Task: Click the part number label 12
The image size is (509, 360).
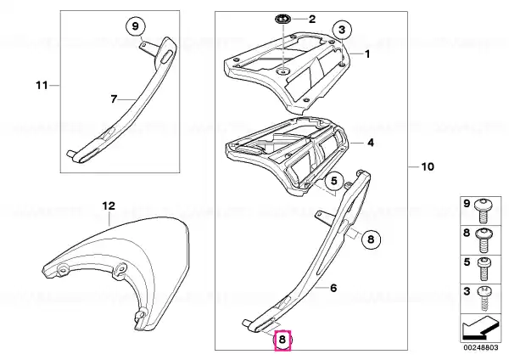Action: (x=109, y=206)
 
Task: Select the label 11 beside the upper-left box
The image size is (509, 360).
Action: (x=42, y=86)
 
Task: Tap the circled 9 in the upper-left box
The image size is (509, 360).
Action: (x=136, y=26)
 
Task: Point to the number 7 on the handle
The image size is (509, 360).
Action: (x=114, y=99)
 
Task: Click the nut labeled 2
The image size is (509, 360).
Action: (x=283, y=20)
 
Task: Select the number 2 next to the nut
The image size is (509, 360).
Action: (x=312, y=19)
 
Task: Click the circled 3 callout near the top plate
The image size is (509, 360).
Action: (x=342, y=30)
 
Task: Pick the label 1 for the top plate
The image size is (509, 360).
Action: (x=367, y=53)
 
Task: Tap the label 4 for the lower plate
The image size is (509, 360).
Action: (x=371, y=143)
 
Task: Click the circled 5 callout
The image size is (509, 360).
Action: (x=334, y=181)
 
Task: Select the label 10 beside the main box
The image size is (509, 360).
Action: (x=428, y=166)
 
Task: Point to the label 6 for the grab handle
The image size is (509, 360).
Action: (x=333, y=288)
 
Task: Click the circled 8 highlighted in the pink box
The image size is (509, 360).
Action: (x=282, y=340)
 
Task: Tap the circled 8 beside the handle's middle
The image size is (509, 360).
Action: (x=371, y=239)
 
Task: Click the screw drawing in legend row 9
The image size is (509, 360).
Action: (x=484, y=211)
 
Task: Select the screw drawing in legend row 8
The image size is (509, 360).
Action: (x=484, y=239)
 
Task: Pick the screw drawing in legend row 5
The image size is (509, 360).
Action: (x=484, y=269)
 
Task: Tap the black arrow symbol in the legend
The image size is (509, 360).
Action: (x=480, y=328)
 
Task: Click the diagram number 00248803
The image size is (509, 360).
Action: (x=481, y=347)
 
